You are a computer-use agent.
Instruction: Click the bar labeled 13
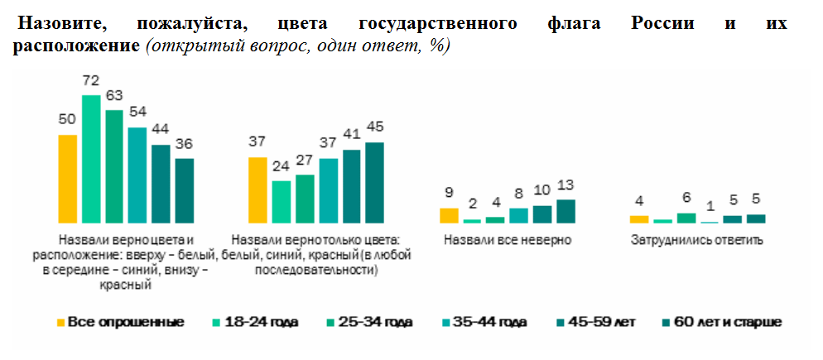click(566, 211)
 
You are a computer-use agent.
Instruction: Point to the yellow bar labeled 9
click(448, 215)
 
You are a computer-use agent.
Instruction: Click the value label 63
click(114, 94)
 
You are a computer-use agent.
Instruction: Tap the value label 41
click(352, 134)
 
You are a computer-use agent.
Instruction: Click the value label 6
click(686, 198)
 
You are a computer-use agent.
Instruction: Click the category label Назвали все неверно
click(508, 241)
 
